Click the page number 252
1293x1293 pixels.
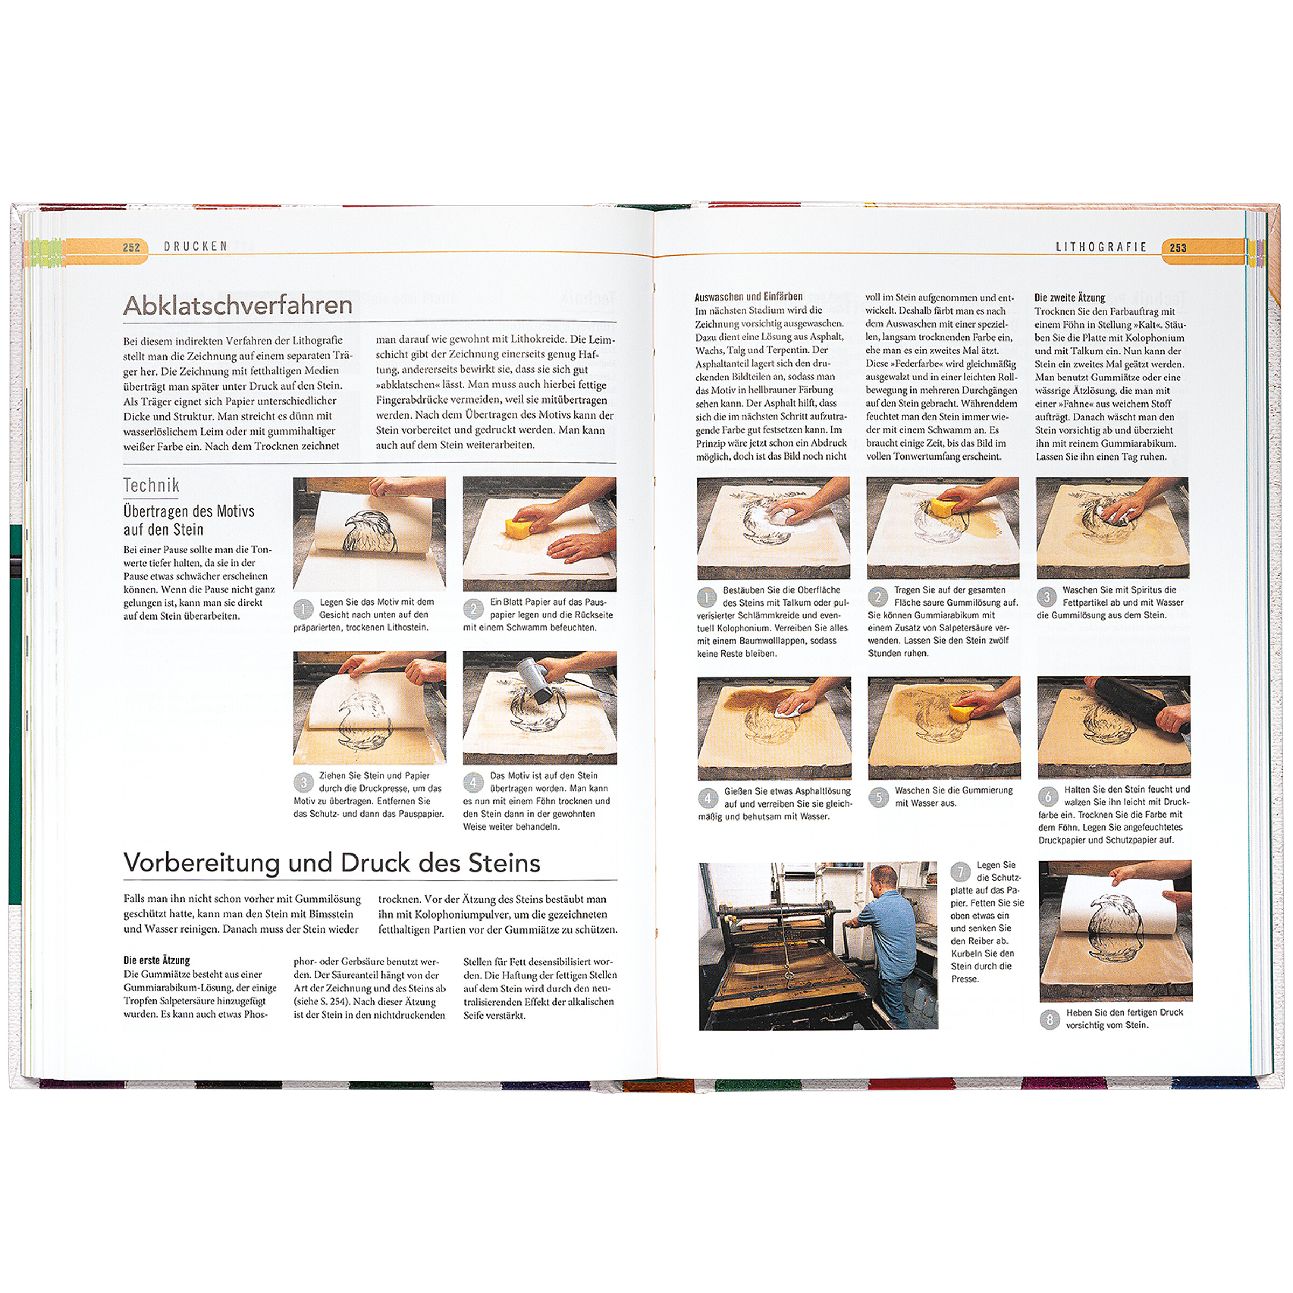(131, 247)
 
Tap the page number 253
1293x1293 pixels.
(1178, 248)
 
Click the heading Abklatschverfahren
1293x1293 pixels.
(238, 305)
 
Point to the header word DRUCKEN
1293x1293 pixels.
(196, 246)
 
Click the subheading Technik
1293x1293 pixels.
(151, 485)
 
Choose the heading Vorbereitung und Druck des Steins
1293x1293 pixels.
(332, 863)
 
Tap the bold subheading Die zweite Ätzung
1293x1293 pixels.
(1069, 298)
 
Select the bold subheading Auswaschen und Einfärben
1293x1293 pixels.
(748, 296)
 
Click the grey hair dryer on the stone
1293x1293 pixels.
(536, 679)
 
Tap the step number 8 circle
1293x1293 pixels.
(1049, 1020)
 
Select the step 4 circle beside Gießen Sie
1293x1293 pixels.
(708, 798)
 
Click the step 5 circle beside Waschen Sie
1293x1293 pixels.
(879, 798)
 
